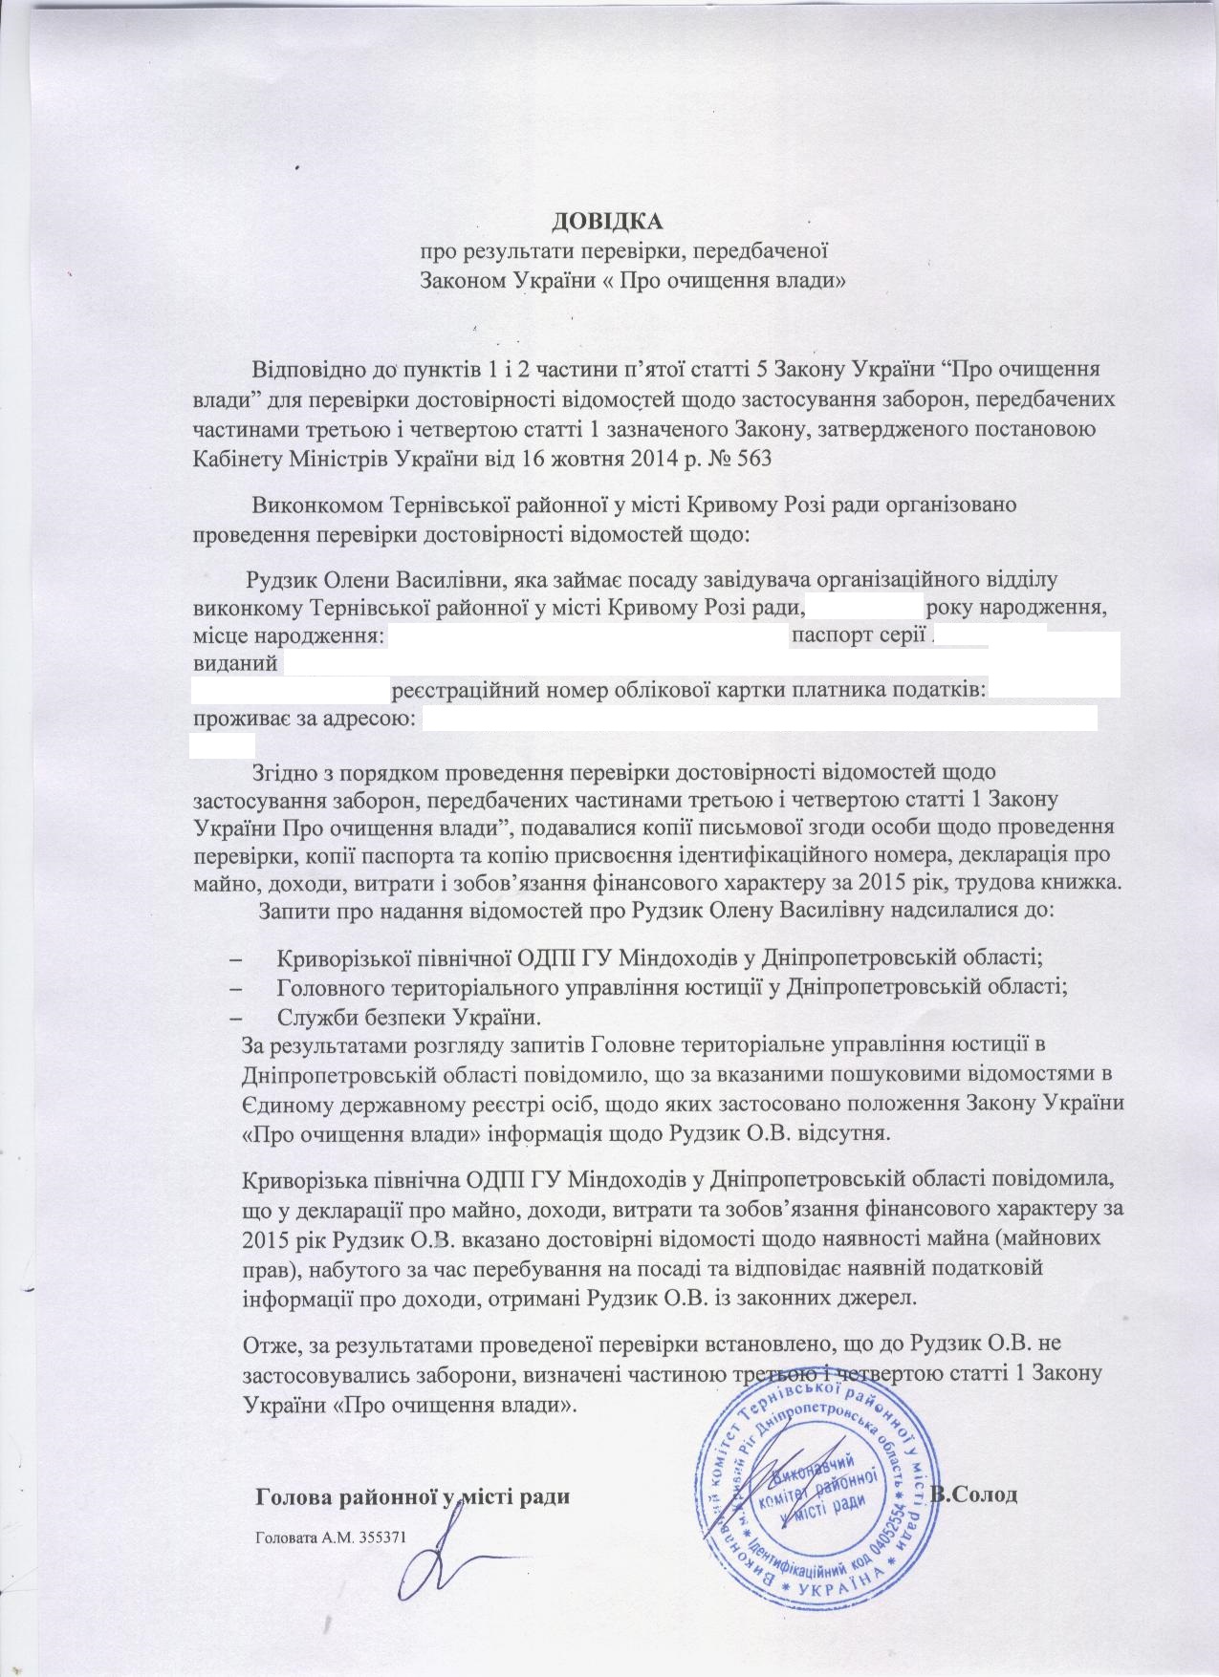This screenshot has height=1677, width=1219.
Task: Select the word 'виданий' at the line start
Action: [234, 662]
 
